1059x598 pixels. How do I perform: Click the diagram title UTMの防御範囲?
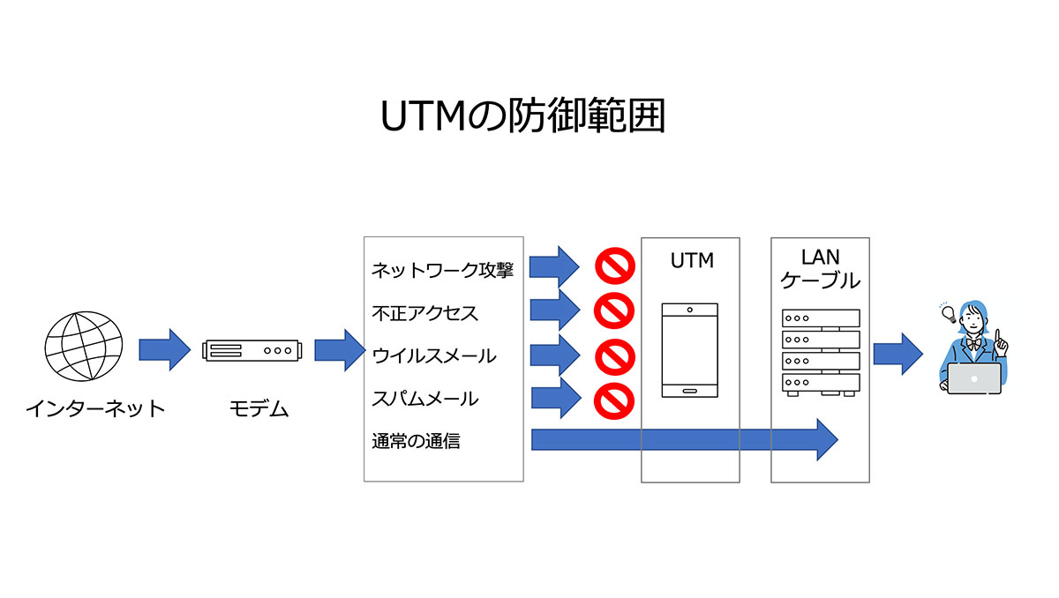(522, 116)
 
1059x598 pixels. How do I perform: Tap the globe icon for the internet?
(84, 347)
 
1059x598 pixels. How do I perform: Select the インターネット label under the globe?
(95, 408)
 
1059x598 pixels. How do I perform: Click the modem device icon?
(252, 350)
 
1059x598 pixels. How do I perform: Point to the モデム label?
(259, 408)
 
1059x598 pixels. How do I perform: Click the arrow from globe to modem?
(164, 350)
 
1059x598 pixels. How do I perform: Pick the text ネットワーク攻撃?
(442, 270)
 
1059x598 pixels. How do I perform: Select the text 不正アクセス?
(425, 313)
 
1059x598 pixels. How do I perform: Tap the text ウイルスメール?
(434, 355)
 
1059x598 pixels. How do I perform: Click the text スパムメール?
(425, 399)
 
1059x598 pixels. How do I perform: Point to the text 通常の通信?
(416, 441)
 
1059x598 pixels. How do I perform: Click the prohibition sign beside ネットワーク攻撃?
(614, 266)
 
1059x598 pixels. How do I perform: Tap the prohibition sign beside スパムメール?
(614, 401)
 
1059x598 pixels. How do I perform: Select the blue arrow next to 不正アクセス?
(555, 310)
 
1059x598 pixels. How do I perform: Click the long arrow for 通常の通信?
(685, 440)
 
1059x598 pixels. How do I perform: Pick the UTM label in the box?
(692, 261)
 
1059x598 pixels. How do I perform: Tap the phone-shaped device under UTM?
(690, 350)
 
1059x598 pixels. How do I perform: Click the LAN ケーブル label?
(820, 269)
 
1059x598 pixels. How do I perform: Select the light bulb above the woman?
(949, 314)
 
